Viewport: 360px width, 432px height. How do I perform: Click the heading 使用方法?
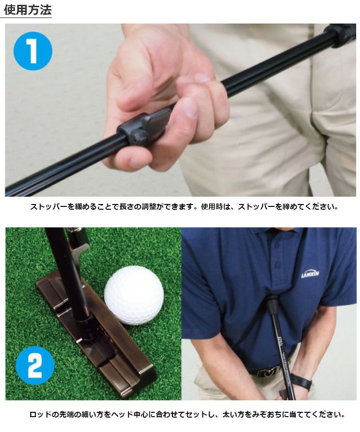pos(28,10)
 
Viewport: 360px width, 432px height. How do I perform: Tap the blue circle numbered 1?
pos(33,51)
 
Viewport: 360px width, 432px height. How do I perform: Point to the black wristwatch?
pos(302,382)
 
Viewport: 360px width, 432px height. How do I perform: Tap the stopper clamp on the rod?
pos(143,128)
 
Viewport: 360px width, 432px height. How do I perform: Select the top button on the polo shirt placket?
pos(277,244)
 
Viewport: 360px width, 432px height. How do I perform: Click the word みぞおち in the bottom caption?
pos(270,414)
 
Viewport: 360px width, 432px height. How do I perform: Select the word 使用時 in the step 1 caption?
pos(212,206)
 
